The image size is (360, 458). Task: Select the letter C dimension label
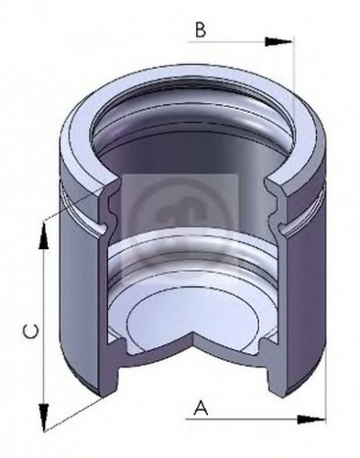coord(29,332)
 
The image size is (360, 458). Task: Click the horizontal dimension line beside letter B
coord(238,42)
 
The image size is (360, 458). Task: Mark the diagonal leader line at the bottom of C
coord(73,409)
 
